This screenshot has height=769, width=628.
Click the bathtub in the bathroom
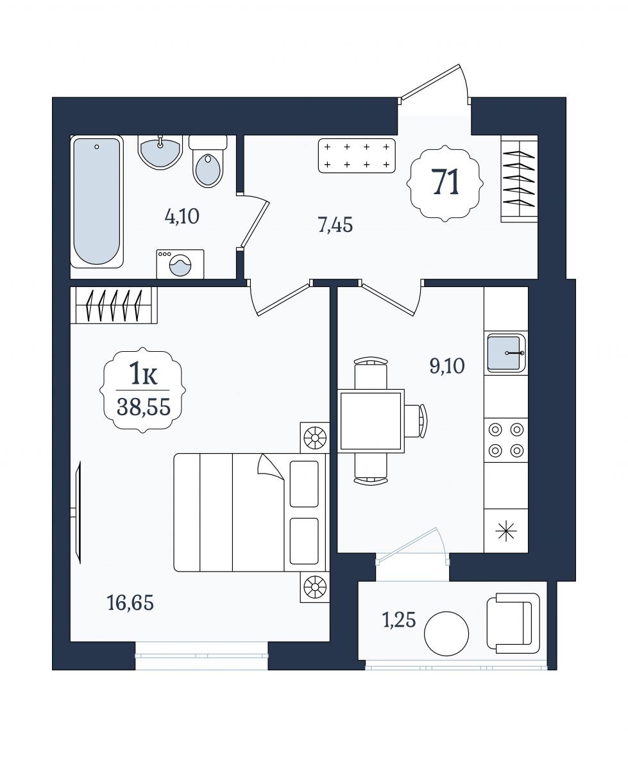97,201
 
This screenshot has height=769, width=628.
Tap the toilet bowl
208,161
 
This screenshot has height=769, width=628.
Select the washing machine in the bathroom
180,264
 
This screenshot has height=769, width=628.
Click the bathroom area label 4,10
182,217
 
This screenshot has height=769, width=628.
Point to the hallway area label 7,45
335,226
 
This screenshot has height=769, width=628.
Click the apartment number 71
445,183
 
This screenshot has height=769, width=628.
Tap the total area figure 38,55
144,407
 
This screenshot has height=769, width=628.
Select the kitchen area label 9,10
447,366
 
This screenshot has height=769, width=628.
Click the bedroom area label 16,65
130,603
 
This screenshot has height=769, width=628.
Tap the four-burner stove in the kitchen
506,440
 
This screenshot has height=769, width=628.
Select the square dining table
371,421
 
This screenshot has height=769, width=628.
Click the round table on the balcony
446,633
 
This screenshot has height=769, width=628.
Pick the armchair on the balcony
513,623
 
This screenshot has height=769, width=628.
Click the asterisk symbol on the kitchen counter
506,531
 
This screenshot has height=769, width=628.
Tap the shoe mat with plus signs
357,156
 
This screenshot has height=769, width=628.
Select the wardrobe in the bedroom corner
114,305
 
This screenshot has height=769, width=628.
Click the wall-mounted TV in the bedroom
77,513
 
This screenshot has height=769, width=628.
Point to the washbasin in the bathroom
160,152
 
